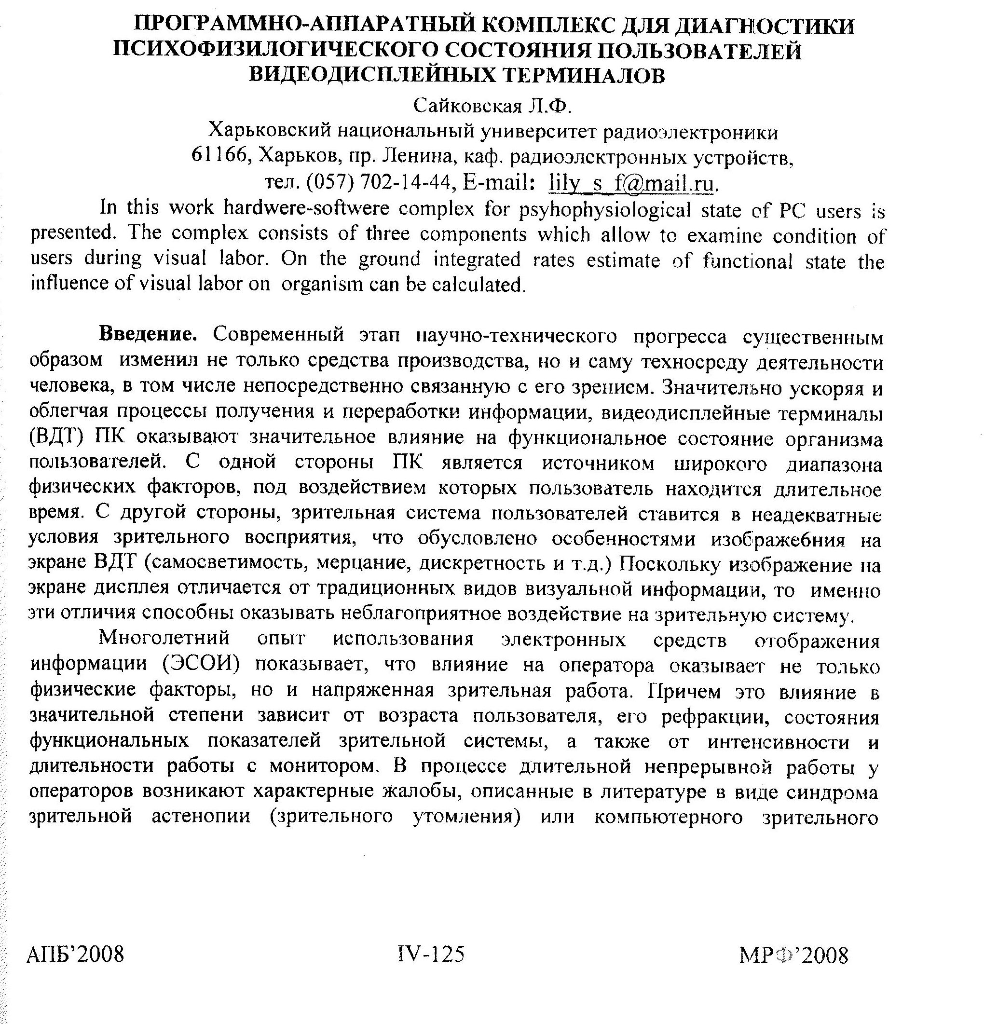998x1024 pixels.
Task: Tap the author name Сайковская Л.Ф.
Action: coord(491,107)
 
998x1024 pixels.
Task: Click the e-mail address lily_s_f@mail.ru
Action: coord(631,183)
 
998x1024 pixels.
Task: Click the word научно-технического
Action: coord(516,336)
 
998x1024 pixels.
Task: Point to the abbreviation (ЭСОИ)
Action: coord(201,664)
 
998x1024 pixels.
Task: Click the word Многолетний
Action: coord(164,638)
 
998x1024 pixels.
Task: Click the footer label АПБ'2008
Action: coord(75,954)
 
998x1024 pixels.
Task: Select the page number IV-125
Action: coord(431,954)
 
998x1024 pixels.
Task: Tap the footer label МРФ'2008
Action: coord(793,956)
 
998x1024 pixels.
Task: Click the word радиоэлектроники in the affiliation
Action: coord(690,132)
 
